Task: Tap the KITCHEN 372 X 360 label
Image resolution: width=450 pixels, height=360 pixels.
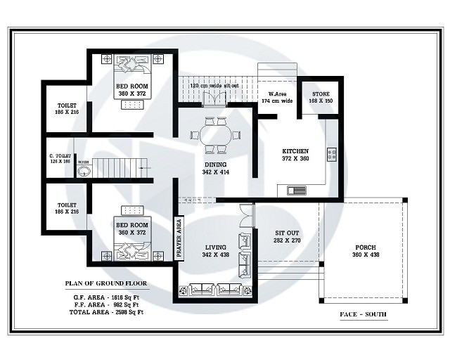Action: point(295,155)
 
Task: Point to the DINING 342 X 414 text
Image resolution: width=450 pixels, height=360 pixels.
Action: point(215,167)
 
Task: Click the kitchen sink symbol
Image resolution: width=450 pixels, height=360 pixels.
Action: point(295,189)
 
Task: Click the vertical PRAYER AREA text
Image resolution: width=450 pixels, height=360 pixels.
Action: point(179,236)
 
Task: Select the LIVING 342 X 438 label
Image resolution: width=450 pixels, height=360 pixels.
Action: point(215,251)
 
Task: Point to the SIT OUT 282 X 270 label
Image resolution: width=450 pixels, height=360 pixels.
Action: point(287,236)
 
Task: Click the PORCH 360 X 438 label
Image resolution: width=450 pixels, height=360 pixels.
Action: point(365,251)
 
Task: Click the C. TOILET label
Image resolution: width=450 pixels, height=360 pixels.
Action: point(60,158)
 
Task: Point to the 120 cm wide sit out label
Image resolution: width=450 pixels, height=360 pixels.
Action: point(214,86)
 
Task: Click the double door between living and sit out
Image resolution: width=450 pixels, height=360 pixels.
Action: point(244,214)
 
